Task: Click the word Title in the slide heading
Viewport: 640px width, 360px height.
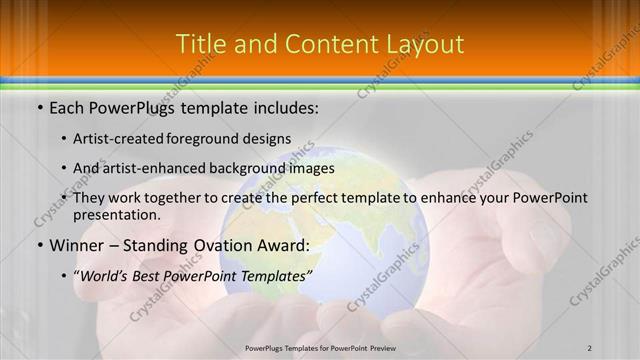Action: pos(198,45)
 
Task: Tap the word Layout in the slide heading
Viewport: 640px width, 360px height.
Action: pos(423,45)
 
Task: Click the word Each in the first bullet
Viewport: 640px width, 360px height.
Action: pos(67,106)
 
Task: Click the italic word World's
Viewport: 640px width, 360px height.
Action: pos(107,275)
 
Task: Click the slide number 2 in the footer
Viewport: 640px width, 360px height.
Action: pos(590,348)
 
